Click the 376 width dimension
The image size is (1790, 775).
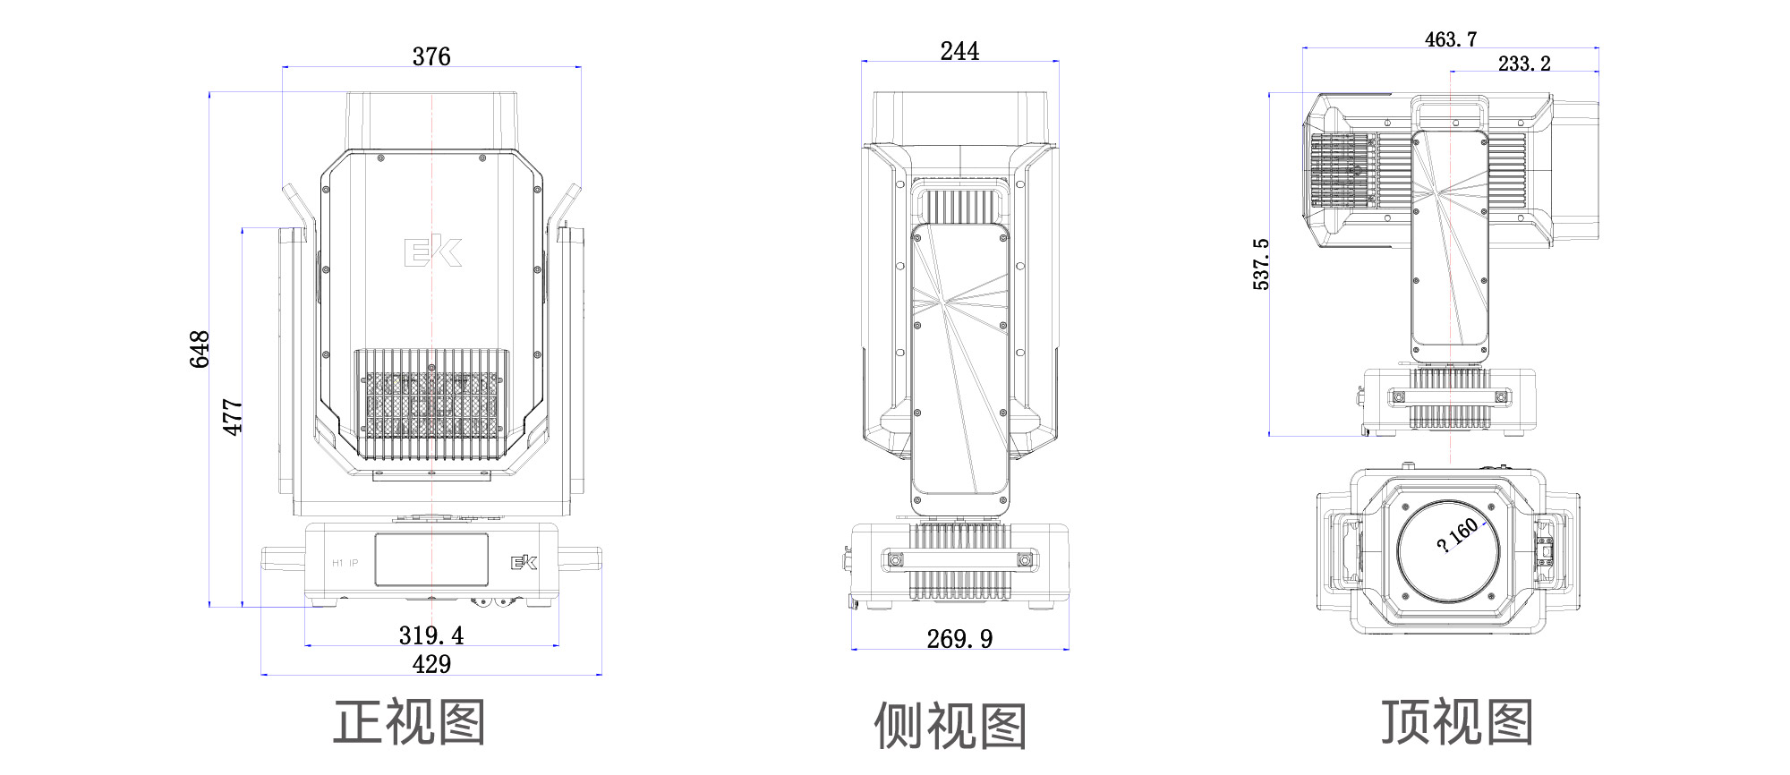tap(431, 56)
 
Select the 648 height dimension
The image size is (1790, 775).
tap(199, 349)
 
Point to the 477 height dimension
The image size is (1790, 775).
tap(232, 417)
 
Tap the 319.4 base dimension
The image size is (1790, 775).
tap(431, 635)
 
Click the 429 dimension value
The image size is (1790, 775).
tap(431, 664)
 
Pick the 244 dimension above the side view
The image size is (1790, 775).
tap(959, 51)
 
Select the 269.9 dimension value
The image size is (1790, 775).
tap(959, 639)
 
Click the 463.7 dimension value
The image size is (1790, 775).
tap(1451, 39)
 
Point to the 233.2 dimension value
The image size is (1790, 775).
tap(1524, 64)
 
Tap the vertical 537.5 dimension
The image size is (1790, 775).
tap(1261, 264)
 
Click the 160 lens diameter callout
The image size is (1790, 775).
tap(1457, 535)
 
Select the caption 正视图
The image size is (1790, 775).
tap(409, 722)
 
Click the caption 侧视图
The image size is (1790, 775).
tap(950, 725)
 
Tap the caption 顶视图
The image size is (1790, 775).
tap(1456, 722)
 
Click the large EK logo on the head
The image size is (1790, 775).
tap(433, 251)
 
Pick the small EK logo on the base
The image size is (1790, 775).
tap(524, 562)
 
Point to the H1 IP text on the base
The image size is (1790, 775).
tap(345, 563)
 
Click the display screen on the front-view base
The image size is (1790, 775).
tap(431, 559)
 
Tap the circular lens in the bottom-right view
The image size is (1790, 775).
tap(1448, 551)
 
